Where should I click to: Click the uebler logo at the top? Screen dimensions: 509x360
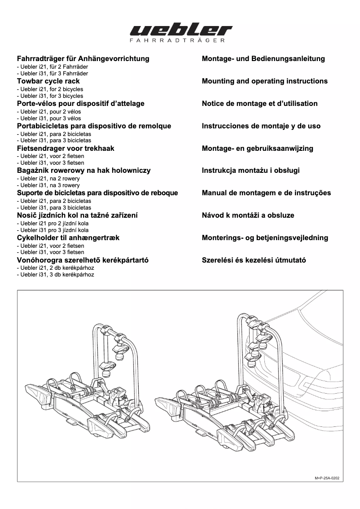(180, 31)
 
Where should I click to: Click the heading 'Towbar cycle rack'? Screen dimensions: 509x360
(48, 81)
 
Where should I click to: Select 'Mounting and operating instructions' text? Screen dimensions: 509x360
(265, 81)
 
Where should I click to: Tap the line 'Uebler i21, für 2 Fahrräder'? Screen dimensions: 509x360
(52, 66)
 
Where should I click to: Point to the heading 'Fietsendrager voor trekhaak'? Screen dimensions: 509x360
(66, 149)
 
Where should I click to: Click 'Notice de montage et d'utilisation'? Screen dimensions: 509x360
(259, 104)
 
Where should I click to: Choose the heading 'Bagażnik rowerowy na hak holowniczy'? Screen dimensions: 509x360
(83, 171)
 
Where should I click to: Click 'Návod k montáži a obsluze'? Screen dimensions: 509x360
(248, 215)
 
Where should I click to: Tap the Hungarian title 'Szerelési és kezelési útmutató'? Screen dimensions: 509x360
(254, 260)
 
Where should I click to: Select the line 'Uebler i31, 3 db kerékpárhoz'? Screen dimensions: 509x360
(55, 275)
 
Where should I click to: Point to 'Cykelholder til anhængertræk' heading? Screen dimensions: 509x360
(68, 238)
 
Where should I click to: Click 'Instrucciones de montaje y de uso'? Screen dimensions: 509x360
(261, 126)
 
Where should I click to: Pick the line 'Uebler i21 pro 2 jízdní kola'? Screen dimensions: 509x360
(53, 224)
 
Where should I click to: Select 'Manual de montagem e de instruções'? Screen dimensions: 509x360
(266, 193)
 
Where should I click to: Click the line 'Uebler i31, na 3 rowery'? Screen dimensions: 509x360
(48, 185)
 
